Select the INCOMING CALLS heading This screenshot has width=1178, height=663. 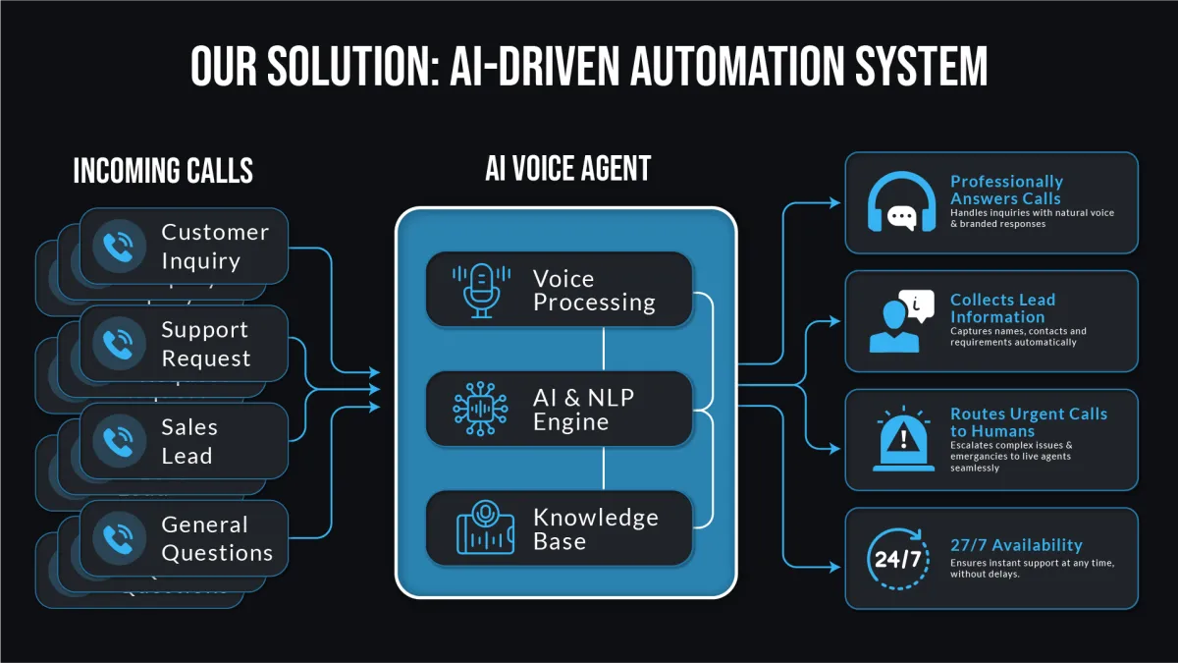163,171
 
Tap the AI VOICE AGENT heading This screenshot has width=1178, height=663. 567,168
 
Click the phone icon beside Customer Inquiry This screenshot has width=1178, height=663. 119,247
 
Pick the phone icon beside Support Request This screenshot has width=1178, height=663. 119,344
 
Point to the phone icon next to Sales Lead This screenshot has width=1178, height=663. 119,441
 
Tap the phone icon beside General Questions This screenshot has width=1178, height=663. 119,538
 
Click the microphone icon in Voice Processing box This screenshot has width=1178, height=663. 481,290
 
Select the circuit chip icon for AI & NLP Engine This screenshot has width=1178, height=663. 481,410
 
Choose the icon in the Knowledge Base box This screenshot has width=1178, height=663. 484,528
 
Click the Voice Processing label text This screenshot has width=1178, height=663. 594,291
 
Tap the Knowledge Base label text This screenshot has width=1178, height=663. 595,529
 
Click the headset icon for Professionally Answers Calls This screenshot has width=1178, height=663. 901,202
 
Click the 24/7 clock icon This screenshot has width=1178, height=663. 897,559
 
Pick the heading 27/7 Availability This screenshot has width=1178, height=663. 1016,545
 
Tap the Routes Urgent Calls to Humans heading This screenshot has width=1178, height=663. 1028,422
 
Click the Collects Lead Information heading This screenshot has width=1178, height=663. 1002,308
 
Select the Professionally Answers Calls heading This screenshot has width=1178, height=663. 1006,190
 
